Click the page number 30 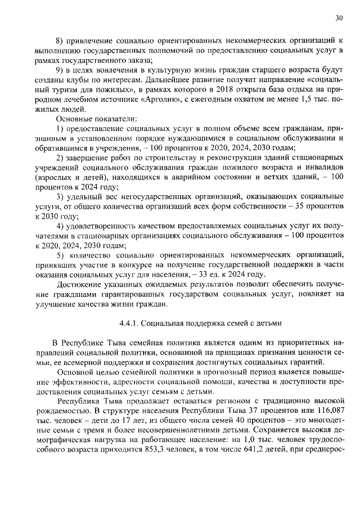pos(339,18)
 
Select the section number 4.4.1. pos(129,323)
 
